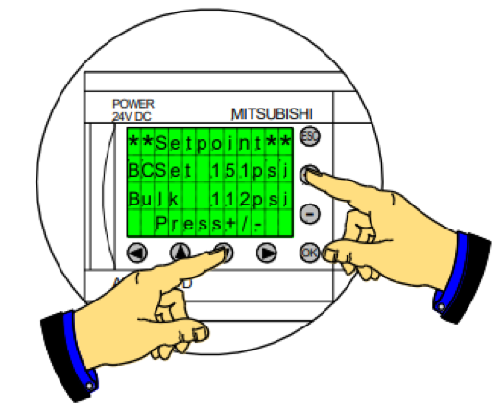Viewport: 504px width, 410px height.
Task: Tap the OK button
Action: coord(309,253)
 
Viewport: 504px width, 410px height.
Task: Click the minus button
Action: coord(309,214)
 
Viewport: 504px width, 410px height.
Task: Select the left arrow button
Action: coord(137,253)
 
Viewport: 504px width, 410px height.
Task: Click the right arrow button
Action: coord(267,253)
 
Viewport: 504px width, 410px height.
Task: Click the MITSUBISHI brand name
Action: coord(272,114)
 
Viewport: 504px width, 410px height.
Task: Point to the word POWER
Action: coord(133,104)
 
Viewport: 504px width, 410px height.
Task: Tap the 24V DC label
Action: coord(132,117)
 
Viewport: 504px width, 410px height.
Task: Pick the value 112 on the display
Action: coord(230,200)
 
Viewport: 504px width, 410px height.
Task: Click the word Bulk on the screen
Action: coord(154,200)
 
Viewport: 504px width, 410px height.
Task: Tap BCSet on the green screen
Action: coord(160,170)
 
